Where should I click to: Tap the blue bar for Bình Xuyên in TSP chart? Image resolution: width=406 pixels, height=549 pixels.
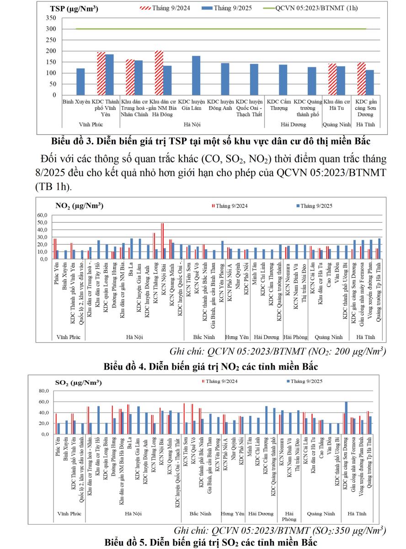coord(80,81)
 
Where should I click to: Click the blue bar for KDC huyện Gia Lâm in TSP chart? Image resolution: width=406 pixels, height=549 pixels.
coord(196,75)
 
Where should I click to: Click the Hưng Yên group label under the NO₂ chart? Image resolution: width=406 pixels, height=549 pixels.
coord(237,337)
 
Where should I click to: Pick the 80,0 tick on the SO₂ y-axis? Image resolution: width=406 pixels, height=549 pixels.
coord(43,391)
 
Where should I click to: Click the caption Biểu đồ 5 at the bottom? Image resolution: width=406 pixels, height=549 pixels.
coord(209,543)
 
